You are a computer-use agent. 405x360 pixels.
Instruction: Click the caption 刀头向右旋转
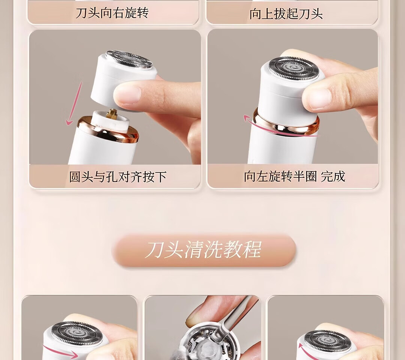click(112, 13)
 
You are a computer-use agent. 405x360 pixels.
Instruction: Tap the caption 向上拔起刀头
click(286, 13)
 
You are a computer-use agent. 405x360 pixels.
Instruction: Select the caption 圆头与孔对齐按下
click(117, 177)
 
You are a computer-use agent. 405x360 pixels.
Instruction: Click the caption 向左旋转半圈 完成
click(294, 176)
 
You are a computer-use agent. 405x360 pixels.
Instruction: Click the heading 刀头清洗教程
click(203, 250)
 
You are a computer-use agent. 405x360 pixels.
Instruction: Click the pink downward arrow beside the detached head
click(74, 103)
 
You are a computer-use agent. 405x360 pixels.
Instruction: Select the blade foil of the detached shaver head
click(129, 60)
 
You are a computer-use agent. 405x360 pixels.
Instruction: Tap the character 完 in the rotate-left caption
click(327, 176)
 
